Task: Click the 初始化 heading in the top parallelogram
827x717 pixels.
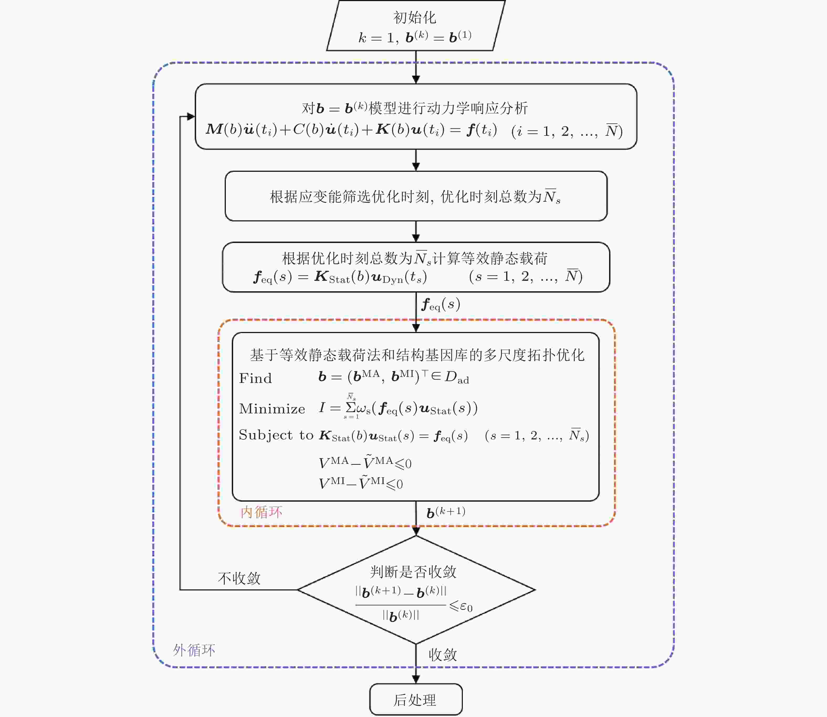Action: pyautogui.click(x=415, y=18)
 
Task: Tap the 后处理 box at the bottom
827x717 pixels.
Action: pyautogui.click(x=416, y=700)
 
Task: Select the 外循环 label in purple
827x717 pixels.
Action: pyautogui.click(x=194, y=650)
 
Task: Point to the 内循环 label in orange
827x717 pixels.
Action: pyautogui.click(x=261, y=512)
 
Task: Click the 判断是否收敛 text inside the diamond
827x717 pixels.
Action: pyautogui.click(x=413, y=571)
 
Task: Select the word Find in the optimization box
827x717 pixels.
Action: pyautogui.click(x=255, y=378)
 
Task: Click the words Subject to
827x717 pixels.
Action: pyautogui.click(x=276, y=435)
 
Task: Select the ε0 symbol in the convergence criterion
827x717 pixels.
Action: pyautogui.click(x=466, y=607)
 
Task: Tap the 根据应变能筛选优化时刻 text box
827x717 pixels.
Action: pyautogui.click(x=416, y=196)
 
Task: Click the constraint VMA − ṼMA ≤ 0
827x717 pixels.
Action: pyautogui.click(x=365, y=463)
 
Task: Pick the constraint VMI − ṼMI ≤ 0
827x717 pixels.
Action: pyautogui.click(x=360, y=483)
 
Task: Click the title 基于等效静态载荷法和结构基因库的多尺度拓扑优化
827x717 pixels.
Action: pyautogui.click(x=417, y=355)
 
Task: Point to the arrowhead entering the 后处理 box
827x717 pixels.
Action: pyautogui.click(x=416, y=679)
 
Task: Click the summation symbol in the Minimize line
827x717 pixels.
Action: pyautogui.click(x=351, y=407)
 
